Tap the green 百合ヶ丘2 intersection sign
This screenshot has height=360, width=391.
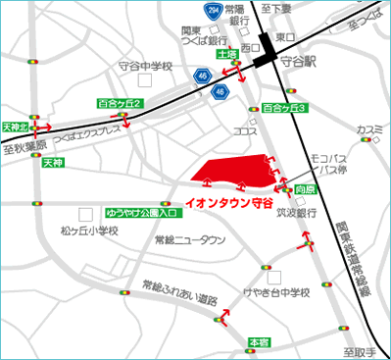coord(122,103)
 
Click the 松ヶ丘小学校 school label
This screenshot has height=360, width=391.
coord(88,231)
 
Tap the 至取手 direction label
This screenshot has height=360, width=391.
coord(359,350)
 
